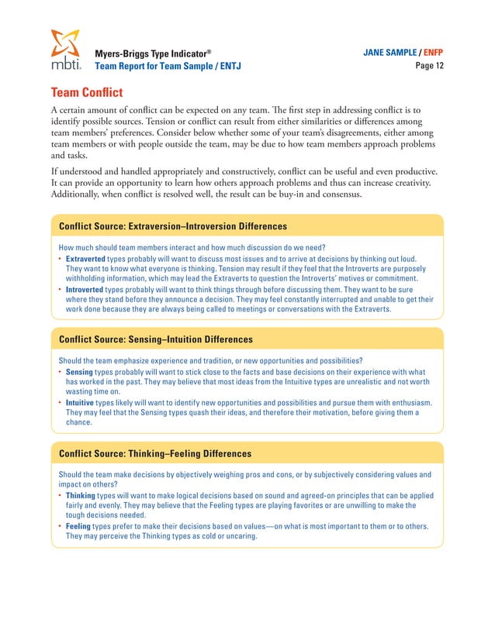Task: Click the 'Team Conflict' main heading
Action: click(x=86, y=93)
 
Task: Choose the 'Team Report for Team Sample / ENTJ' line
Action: click(x=168, y=67)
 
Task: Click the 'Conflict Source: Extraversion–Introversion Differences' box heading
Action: click(x=173, y=226)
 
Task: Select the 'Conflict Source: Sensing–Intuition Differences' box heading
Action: click(x=155, y=339)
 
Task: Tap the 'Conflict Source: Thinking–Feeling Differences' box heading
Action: click(x=155, y=452)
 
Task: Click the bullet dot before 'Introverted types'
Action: click(x=61, y=288)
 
